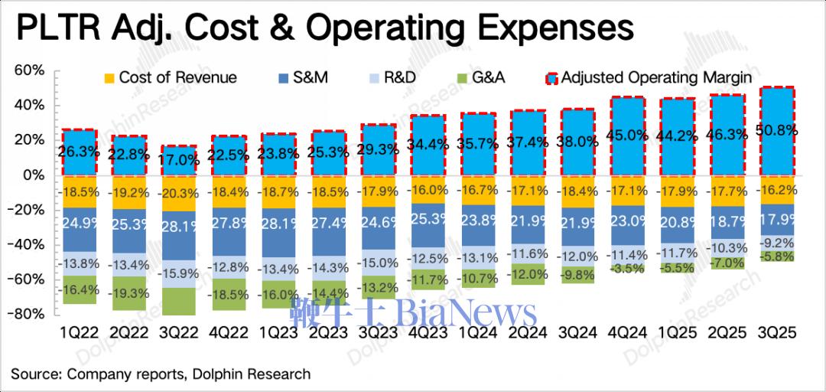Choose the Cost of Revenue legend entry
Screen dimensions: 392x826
pos(169,77)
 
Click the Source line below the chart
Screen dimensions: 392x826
pos(161,374)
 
